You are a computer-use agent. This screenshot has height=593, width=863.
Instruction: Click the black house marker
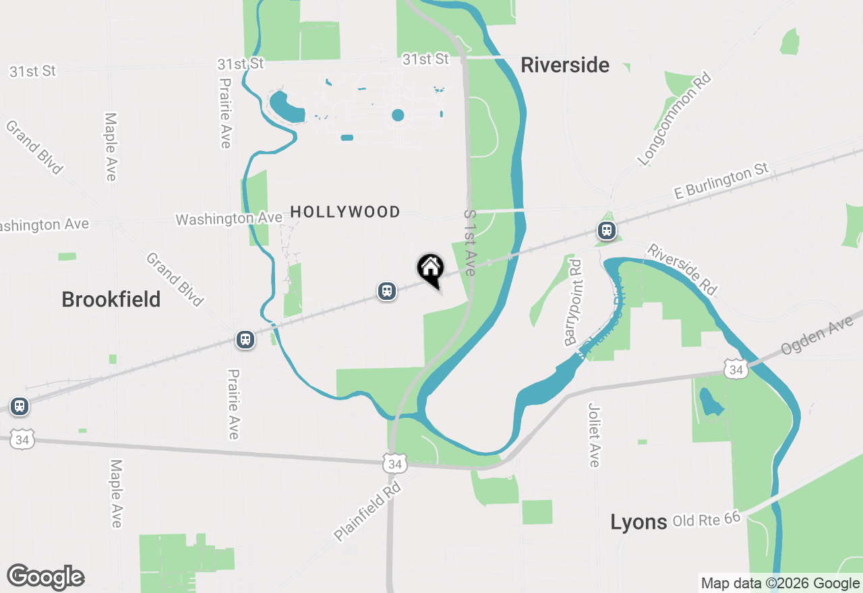tap(431, 270)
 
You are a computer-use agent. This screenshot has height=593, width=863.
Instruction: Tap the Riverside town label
tap(565, 65)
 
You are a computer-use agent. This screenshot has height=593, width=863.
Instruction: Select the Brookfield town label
tap(111, 299)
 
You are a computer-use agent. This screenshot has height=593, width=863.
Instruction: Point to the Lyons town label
tap(638, 522)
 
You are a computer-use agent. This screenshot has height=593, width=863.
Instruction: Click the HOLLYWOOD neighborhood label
tap(345, 212)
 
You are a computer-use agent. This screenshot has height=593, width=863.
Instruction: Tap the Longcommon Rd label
tap(675, 120)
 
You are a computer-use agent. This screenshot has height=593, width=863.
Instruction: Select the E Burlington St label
tap(721, 183)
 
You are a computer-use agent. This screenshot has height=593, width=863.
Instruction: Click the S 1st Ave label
tap(471, 243)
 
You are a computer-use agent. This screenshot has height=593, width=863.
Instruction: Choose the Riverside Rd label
tap(682, 269)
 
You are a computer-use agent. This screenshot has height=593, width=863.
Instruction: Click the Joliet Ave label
tap(594, 435)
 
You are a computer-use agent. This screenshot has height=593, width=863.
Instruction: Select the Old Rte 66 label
tap(707, 519)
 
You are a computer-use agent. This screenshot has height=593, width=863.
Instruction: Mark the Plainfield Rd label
tap(368, 510)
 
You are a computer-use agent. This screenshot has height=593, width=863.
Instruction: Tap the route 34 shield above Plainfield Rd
tap(394, 464)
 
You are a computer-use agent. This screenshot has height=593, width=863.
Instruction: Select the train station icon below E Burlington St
tap(607, 231)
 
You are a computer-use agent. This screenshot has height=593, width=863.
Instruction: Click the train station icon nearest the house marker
tap(386, 291)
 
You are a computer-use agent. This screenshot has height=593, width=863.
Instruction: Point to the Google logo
tap(45, 577)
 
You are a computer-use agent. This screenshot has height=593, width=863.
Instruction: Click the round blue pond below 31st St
tap(398, 115)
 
